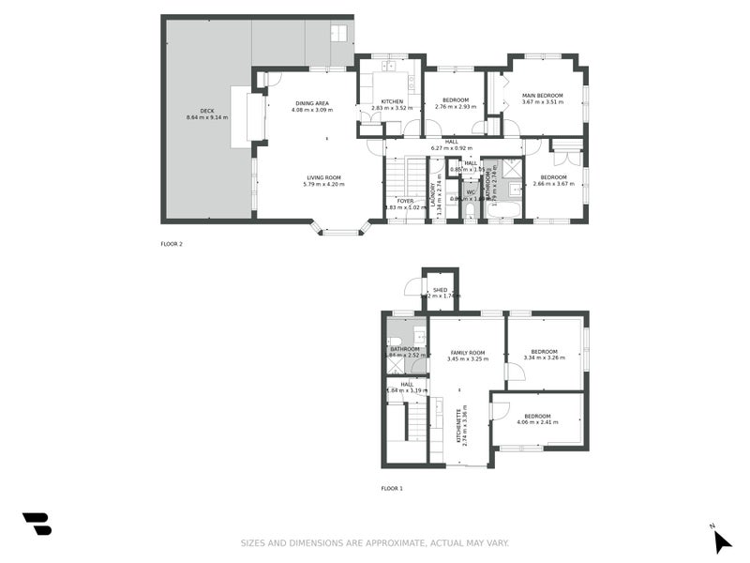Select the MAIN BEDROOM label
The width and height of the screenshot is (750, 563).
click(543, 95)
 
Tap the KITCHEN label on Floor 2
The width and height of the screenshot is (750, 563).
click(392, 101)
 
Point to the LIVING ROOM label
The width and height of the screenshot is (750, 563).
click(324, 177)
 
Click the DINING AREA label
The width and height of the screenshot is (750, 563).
click(311, 103)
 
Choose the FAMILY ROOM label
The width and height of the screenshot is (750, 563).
click(467, 353)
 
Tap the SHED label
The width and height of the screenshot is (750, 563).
click(440, 290)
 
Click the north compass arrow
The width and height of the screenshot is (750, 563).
click(721, 541)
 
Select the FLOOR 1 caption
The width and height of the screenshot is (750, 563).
click(392, 489)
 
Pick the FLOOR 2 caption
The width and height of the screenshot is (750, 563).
click(172, 244)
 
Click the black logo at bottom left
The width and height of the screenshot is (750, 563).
click(37, 524)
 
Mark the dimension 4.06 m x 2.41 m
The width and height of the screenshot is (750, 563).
click(537, 422)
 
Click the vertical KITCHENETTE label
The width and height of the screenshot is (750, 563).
click(458, 426)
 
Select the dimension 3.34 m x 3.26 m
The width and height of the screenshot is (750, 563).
click(543, 358)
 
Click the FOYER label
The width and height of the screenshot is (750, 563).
click(405, 201)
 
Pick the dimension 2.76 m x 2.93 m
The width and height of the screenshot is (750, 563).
click(455, 107)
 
